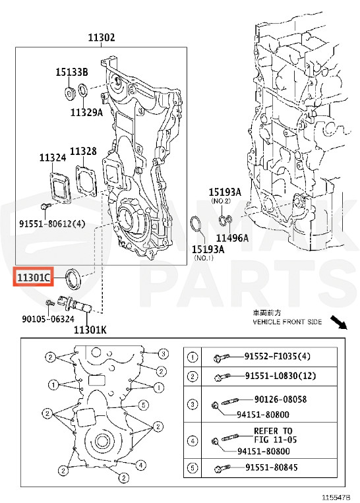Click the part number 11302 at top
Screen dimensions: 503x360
click(x=102, y=38)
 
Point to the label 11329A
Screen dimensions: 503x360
click(x=87, y=112)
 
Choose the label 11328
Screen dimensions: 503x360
click(x=83, y=152)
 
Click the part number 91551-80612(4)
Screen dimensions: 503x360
click(x=53, y=223)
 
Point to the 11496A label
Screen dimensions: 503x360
click(x=233, y=238)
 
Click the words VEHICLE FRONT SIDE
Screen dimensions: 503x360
click(x=287, y=322)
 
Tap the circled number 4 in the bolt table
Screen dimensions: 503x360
click(x=193, y=440)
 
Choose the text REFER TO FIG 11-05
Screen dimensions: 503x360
click(x=273, y=435)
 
